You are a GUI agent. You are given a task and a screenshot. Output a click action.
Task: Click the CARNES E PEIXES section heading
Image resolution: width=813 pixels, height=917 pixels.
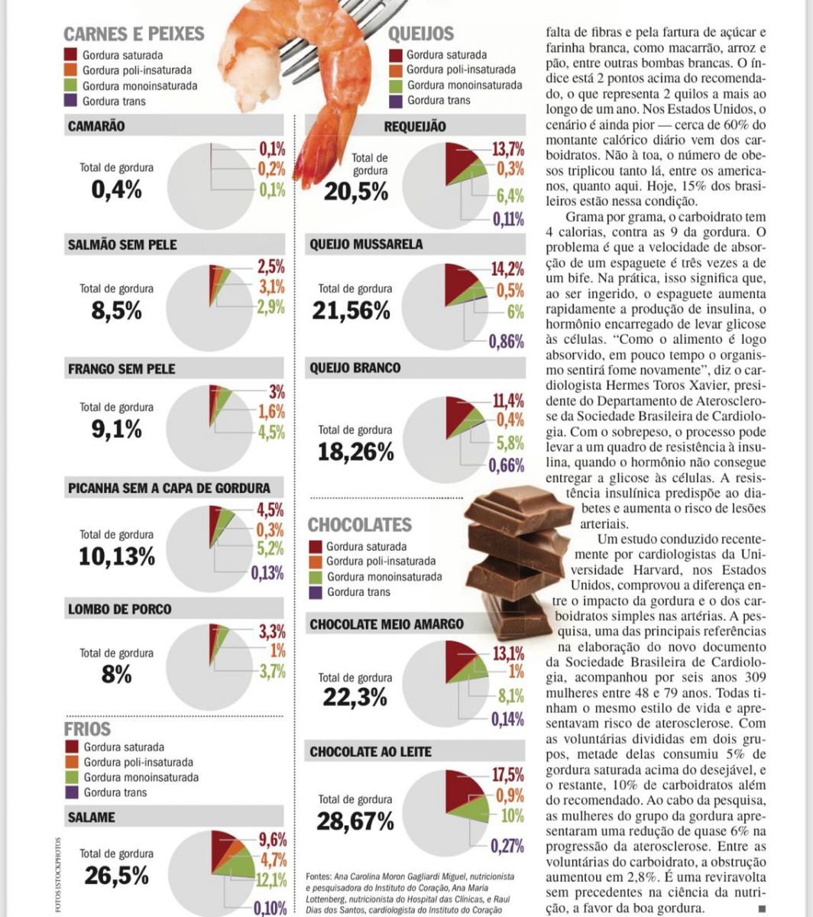134,34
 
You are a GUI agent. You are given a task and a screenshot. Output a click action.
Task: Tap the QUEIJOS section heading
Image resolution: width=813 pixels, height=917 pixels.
421,34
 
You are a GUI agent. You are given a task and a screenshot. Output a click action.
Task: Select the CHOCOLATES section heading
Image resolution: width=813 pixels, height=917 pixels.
359,525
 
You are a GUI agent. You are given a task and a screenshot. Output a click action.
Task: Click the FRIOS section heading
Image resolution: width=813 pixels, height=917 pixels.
89,729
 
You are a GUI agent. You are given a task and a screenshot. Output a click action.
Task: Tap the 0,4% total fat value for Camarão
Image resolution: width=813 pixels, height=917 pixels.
116,189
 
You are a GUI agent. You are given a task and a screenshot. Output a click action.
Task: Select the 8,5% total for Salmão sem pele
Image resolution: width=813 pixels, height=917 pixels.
116,311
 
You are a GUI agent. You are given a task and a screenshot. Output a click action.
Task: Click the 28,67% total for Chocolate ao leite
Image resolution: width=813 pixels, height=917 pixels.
355,821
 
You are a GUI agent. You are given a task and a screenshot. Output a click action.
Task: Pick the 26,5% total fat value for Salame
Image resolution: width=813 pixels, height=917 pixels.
116,875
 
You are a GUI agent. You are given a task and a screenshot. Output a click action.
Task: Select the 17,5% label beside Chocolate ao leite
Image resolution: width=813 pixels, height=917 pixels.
507,773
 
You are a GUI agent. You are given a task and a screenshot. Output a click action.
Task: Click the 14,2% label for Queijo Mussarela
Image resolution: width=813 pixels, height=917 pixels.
507,269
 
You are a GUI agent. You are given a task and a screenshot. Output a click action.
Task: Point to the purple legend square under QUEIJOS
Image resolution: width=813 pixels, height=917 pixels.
396,100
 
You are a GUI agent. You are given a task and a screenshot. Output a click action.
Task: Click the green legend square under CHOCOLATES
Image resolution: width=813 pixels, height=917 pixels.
316,577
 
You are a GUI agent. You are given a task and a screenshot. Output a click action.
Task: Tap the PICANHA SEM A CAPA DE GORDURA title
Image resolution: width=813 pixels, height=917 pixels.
169,488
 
